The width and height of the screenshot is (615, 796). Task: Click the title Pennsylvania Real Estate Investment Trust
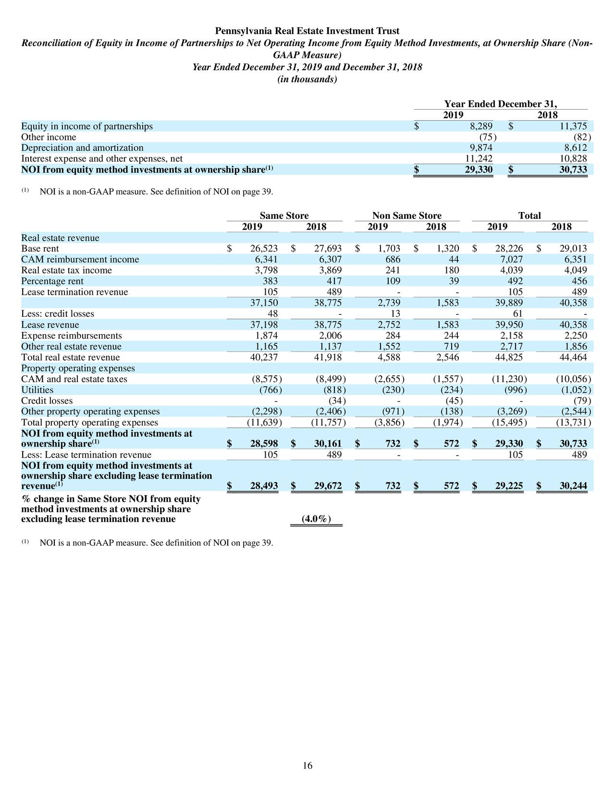tap(307, 31)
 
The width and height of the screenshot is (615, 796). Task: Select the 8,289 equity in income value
tap(481, 126)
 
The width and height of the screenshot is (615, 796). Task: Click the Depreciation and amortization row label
tap(82, 148)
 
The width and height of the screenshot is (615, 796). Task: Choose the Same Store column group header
tap(284, 216)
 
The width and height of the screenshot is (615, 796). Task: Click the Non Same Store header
tap(406, 216)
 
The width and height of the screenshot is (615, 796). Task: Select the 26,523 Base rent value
tap(264, 249)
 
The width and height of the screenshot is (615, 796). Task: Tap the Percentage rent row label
tap(52, 281)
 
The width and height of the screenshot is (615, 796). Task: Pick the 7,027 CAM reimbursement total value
tap(512, 260)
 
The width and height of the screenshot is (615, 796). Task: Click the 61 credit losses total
tap(517, 314)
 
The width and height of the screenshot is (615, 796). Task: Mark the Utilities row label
tap(37, 390)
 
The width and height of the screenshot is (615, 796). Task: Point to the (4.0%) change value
tap(316, 519)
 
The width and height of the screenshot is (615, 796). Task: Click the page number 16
tap(307, 766)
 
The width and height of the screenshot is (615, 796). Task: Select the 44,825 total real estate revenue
tap(509, 357)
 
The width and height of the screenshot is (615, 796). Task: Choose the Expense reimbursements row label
tap(72, 336)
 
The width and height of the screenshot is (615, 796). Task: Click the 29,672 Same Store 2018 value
tap(328, 486)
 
